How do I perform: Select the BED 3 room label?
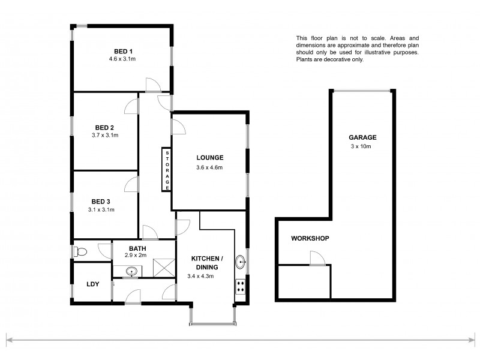tap(101, 202)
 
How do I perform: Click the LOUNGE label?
tap(209, 158)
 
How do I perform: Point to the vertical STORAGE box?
tap(166, 170)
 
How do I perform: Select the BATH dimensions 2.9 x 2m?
tap(137, 255)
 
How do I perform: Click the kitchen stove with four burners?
tap(241, 286)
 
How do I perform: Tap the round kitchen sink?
tap(240, 262)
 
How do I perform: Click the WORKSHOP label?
tap(310, 239)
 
